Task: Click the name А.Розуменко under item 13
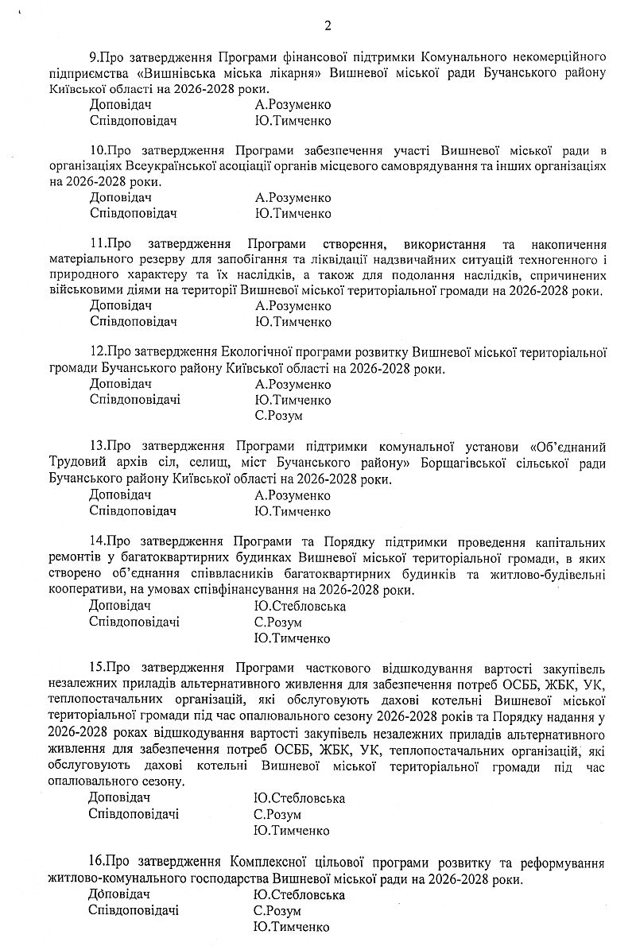click(293, 496)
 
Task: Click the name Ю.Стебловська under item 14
click(300, 607)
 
